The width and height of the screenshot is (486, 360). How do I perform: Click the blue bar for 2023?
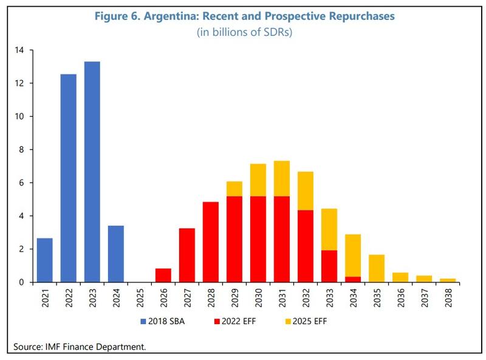point(92,172)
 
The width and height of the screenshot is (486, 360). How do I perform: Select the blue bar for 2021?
point(45,260)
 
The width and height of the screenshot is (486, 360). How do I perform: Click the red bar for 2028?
point(211,242)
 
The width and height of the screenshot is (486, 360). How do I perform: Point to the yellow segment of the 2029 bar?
point(234,189)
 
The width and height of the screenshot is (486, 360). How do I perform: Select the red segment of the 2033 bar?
point(329,266)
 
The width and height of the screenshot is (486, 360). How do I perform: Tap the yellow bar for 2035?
point(376,268)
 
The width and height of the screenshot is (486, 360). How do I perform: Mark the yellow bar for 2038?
point(447,280)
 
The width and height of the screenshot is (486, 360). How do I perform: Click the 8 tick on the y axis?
point(21,150)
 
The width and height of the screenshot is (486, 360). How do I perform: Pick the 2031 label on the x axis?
point(282,298)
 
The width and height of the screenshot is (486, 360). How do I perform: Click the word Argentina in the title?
point(160,16)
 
